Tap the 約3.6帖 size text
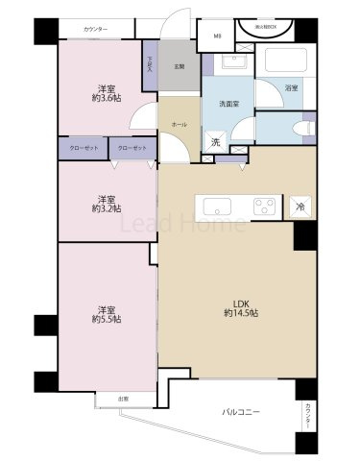point(106,96)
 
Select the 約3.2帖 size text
point(106,207)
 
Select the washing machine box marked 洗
point(216,142)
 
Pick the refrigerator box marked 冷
point(300,206)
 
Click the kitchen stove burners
point(264,206)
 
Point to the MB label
point(216,37)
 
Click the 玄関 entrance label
point(179,66)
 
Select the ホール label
point(180,125)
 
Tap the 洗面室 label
point(228,103)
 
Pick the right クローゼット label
point(132,148)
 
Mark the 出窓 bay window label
point(124,398)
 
